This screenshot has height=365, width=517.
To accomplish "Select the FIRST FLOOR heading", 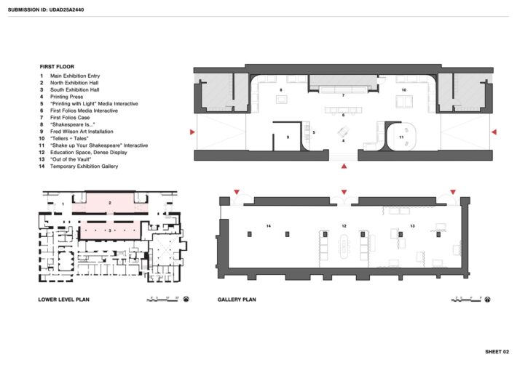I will (57, 67).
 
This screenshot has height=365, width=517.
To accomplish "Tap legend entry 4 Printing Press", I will (69, 97).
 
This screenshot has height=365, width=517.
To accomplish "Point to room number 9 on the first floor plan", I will (288, 137).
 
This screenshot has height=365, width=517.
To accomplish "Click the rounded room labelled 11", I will (400, 137).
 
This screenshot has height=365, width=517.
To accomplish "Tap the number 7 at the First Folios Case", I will (343, 95).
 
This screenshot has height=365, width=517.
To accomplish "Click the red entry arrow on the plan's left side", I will (192, 132).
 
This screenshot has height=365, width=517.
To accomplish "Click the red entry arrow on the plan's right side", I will (494, 132).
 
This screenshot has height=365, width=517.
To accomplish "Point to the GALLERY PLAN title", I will (237, 300).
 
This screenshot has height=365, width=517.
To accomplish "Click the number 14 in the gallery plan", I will (268, 227).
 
